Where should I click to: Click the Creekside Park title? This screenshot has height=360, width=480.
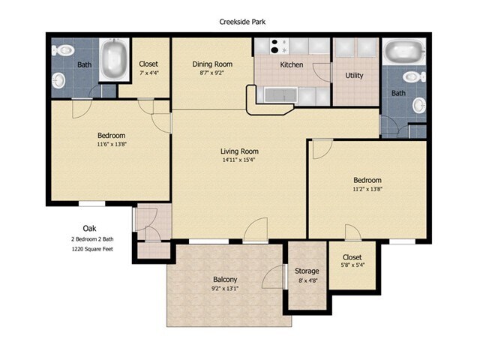click(x=242, y=22)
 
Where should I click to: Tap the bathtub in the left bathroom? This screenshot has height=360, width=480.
click(x=115, y=59)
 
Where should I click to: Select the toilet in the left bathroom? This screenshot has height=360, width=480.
click(x=63, y=50)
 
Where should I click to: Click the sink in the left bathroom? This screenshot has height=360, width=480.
click(x=58, y=81)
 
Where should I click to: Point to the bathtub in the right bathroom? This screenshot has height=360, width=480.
click(x=404, y=51)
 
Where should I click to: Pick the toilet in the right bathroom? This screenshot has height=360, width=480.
click(x=414, y=76)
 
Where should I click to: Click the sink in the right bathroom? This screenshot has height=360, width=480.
click(x=419, y=105)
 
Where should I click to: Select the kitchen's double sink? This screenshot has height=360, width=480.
click(x=280, y=94)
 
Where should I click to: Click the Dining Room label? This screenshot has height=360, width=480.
click(x=212, y=64)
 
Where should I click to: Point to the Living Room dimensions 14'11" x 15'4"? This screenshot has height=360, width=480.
click(x=238, y=160)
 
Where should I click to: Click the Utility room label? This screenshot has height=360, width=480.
click(x=354, y=75)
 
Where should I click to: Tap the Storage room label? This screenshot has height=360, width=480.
click(x=307, y=271)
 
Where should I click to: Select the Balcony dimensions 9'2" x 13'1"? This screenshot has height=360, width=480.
click(x=225, y=288)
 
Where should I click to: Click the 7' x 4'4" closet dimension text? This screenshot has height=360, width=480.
click(x=148, y=73)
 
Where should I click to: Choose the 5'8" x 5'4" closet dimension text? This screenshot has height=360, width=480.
click(x=352, y=265)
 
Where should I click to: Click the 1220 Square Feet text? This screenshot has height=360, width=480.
click(x=92, y=249)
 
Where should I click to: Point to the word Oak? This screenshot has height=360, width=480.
click(x=89, y=228)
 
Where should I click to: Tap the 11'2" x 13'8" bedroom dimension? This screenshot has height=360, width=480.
click(x=367, y=189)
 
